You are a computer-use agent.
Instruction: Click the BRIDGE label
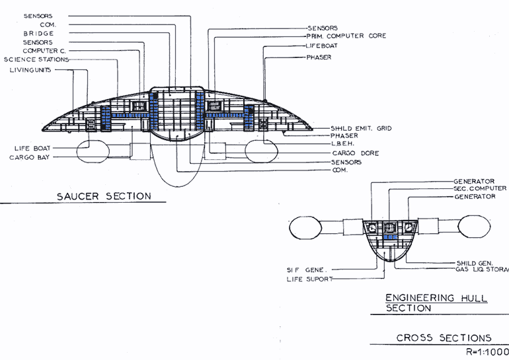click(x=38, y=34)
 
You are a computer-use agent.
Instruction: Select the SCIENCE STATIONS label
click(x=36, y=59)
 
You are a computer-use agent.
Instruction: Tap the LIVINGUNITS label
click(x=30, y=70)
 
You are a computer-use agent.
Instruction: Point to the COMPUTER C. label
click(x=44, y=51)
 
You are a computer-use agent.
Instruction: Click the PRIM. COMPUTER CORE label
click(x=346, y=36)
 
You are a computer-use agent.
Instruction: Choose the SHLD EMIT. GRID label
click(x=361, y=128)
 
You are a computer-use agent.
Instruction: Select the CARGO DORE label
click(x=356, y=153)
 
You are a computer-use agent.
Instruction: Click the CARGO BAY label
click(x=29, y=158)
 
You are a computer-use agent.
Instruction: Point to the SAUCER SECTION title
click(x=104, y=196)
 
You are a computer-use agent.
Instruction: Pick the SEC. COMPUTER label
click(x=480, y=188)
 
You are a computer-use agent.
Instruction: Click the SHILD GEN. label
click(x=475, y=263)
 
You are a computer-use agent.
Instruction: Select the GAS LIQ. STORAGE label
click(x=482, y=270)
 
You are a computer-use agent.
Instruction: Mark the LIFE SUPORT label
click(x=309, y=279)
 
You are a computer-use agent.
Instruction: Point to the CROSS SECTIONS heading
click(x=444, y=338)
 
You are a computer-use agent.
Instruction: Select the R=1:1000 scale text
click(x=487, y=352)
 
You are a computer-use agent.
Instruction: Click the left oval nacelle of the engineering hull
click(x=305, y=228)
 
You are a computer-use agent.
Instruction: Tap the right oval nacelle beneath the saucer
click(x=262, y=151)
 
